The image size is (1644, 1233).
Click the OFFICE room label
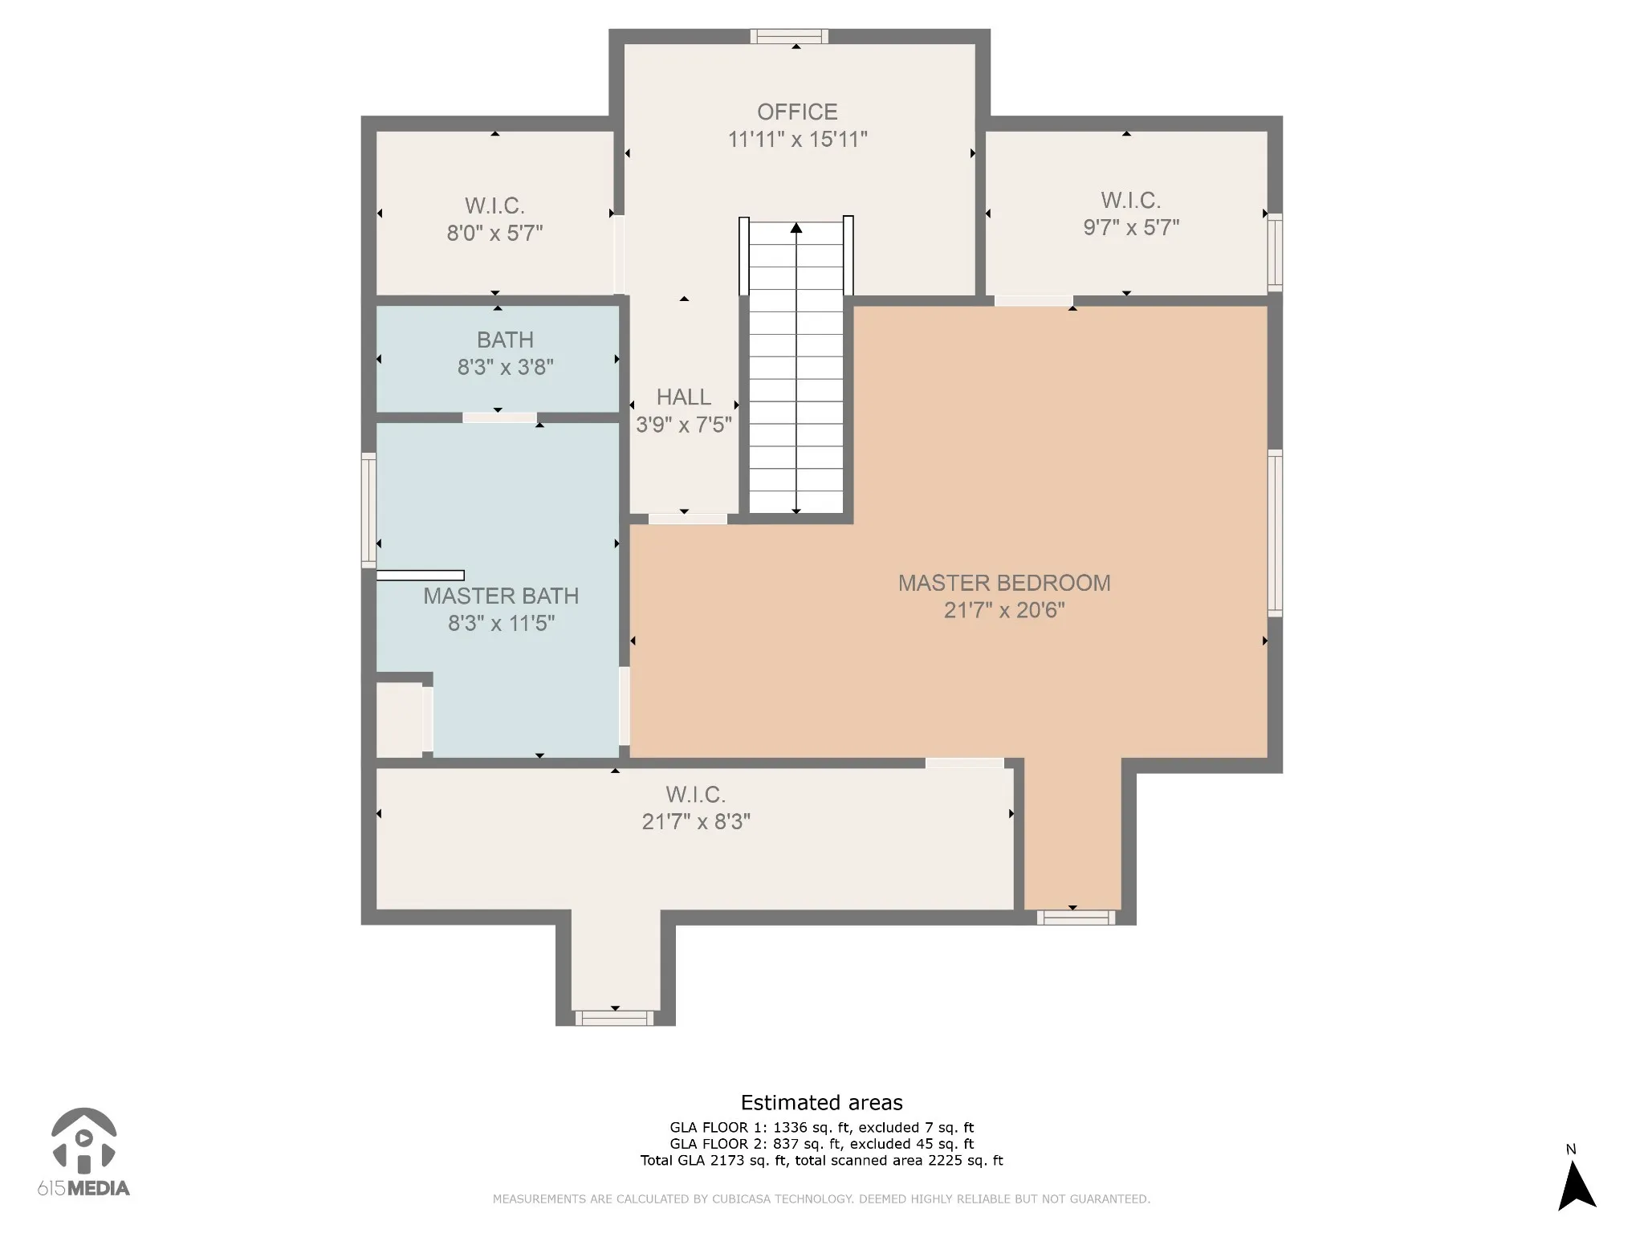(x=797, y=112)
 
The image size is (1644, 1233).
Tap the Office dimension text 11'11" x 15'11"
(x=797, y=140)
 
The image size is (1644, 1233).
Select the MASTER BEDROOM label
(x=1004, y=583)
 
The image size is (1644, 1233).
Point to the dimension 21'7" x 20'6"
(x=1004, y=611)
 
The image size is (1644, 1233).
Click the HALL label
(x=684, y=397)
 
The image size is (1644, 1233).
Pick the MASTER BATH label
(x=501, y=596)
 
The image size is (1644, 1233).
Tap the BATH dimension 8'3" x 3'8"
(x=506, y=368)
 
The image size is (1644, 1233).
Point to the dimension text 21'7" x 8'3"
(x=696, y=822)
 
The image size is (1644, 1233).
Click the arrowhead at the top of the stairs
(x=796, y=228)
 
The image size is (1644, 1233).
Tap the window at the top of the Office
(x=789, y=36)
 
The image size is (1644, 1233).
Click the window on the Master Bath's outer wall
(x=368, y=510)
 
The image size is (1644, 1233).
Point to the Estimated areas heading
(x=821, y=1103)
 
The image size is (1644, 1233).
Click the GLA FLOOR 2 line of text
(x=821, y=1144)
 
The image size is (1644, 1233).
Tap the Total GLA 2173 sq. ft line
(x=821, y=1161)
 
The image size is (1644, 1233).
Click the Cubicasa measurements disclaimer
(x=821, y=1199)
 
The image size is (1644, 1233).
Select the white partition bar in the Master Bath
(x=421, y=576)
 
